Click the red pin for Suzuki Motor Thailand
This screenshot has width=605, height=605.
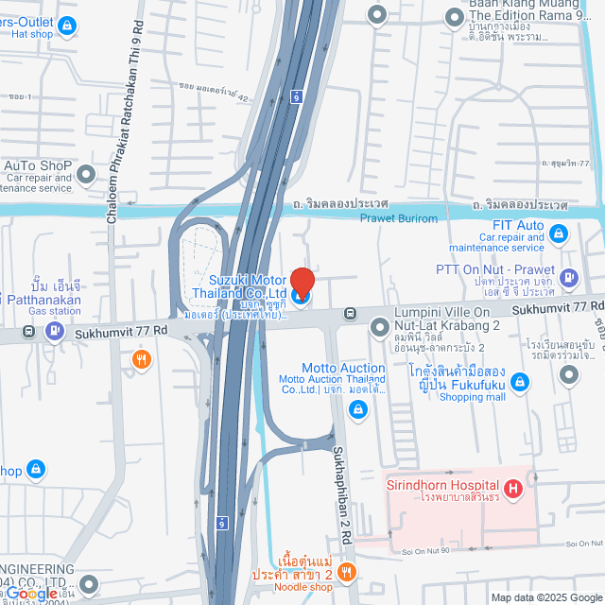pyautogui.click(x=302, y=283)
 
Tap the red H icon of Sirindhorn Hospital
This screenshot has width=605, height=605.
pyautogui.click(x=512, y=489)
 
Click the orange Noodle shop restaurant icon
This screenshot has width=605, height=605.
pyautogui.click(x=346, y=572)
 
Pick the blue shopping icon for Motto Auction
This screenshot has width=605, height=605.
pyautogui.click(x=358, y=409)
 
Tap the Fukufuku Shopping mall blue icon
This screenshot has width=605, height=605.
pyautogui.click(x=519, y=382)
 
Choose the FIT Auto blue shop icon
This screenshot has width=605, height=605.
pyautogui.click(x=559, y=232)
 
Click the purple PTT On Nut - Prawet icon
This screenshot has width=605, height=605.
pyautogui.click(x=568, y=277)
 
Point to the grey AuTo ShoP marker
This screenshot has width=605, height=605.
pyautogui.click(x=86, y=174)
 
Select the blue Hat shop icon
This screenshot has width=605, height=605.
pyautogui.click(x=66, y=27)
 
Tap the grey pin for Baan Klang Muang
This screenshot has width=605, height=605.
pyautogui.click(x=377, y=13)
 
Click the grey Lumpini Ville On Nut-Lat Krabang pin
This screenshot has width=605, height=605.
pyautogui.click(x=379, y=327)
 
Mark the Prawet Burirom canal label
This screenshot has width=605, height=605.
pyautogui.click(x=399, y=219)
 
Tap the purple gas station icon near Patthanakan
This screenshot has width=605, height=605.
pyautogui.click(x=55, y=332)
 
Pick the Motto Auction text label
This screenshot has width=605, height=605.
pyautogui.click(x=343, y=368)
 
